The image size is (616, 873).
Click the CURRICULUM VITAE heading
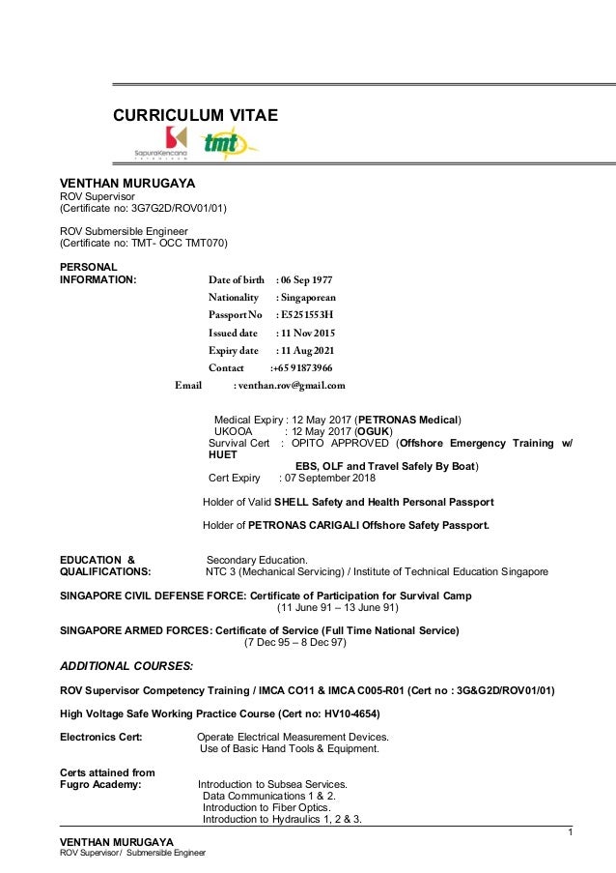(196, 116)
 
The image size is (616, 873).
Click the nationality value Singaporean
(308, 298)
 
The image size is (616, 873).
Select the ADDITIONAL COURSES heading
(126, 666)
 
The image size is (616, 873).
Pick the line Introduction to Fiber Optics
(266, 807)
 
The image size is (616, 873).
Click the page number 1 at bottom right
(570, 833)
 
